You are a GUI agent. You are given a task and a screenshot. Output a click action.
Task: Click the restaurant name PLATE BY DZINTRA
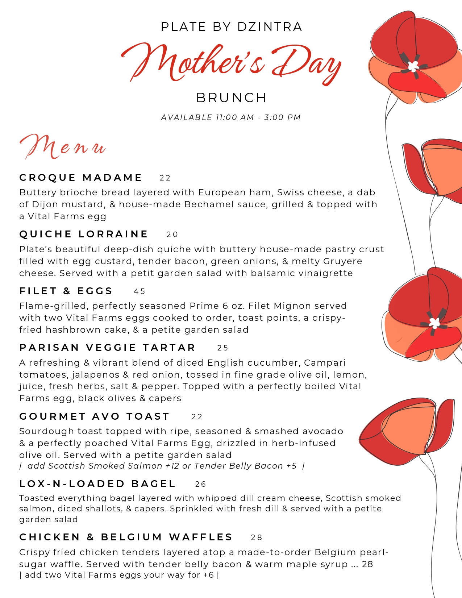pyautogui.click(x=231, y=27)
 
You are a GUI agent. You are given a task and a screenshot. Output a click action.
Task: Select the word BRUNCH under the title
pyautogui.click(x=231, y=98)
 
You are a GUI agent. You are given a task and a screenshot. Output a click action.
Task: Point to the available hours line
pyautogui.click(x=231, y=117)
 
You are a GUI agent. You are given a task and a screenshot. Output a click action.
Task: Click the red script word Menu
pyautogui.click(x=62, y=146)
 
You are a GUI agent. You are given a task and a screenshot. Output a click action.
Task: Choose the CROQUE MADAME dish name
pyautogui.click(x=80, y=178)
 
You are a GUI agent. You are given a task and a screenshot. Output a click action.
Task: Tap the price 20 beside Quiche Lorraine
pyautogui.click(x=172, y=234)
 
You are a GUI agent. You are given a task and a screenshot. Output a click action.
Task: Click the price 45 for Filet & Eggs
pyautogui.click(x=140, y=291)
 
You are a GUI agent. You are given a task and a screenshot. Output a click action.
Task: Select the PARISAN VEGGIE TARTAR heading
pyautogui.click(x=107, y=348)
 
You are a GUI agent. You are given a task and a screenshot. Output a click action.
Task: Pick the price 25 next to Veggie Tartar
pyautogui.click(x=223, y=348)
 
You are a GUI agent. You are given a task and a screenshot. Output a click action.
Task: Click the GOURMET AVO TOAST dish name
pyautogui.click(x=95, y=416)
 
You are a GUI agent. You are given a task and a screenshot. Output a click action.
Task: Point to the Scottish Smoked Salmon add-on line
pyautogui.click(x=162, y=466)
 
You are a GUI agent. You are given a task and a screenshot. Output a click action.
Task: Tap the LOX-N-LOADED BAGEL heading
pyautogui.click(x=97, y=484)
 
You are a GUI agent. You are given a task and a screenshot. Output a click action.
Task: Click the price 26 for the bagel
pyautogui.click(x=200, y=484)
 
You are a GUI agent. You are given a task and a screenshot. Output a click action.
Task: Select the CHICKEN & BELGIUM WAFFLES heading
pyautogui.click(x=126, y=537)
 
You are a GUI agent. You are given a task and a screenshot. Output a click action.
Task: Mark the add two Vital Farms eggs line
pyautogui.click(x=119, y=575)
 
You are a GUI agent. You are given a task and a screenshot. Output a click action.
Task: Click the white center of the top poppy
pyautogui.click(x=413, y=66)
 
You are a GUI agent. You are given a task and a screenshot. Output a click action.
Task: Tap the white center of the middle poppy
pyautogui.click(x=434, y=322)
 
